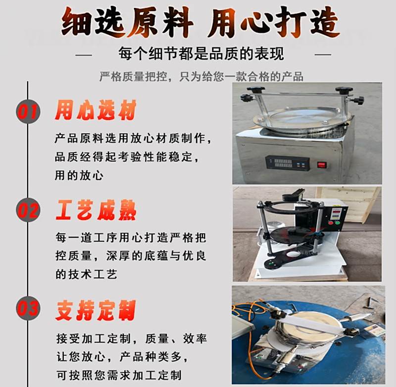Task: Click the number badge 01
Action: tap(28, 111)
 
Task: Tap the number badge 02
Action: tap(28, 210)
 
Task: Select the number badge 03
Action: tap(28, 308)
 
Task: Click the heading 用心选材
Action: tap(96, 110)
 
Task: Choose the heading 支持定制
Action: tap(96, 310)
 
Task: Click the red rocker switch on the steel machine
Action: tap(321, 165)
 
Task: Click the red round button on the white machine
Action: tap(331, 223)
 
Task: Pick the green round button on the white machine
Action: tap(337, 223)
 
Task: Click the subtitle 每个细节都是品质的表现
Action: tap(201, 54)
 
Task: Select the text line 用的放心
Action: tap(79, 175)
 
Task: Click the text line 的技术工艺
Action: tap(86, 274)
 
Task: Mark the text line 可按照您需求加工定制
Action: tap(119, 375)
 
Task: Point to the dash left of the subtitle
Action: tap(84, 55)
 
